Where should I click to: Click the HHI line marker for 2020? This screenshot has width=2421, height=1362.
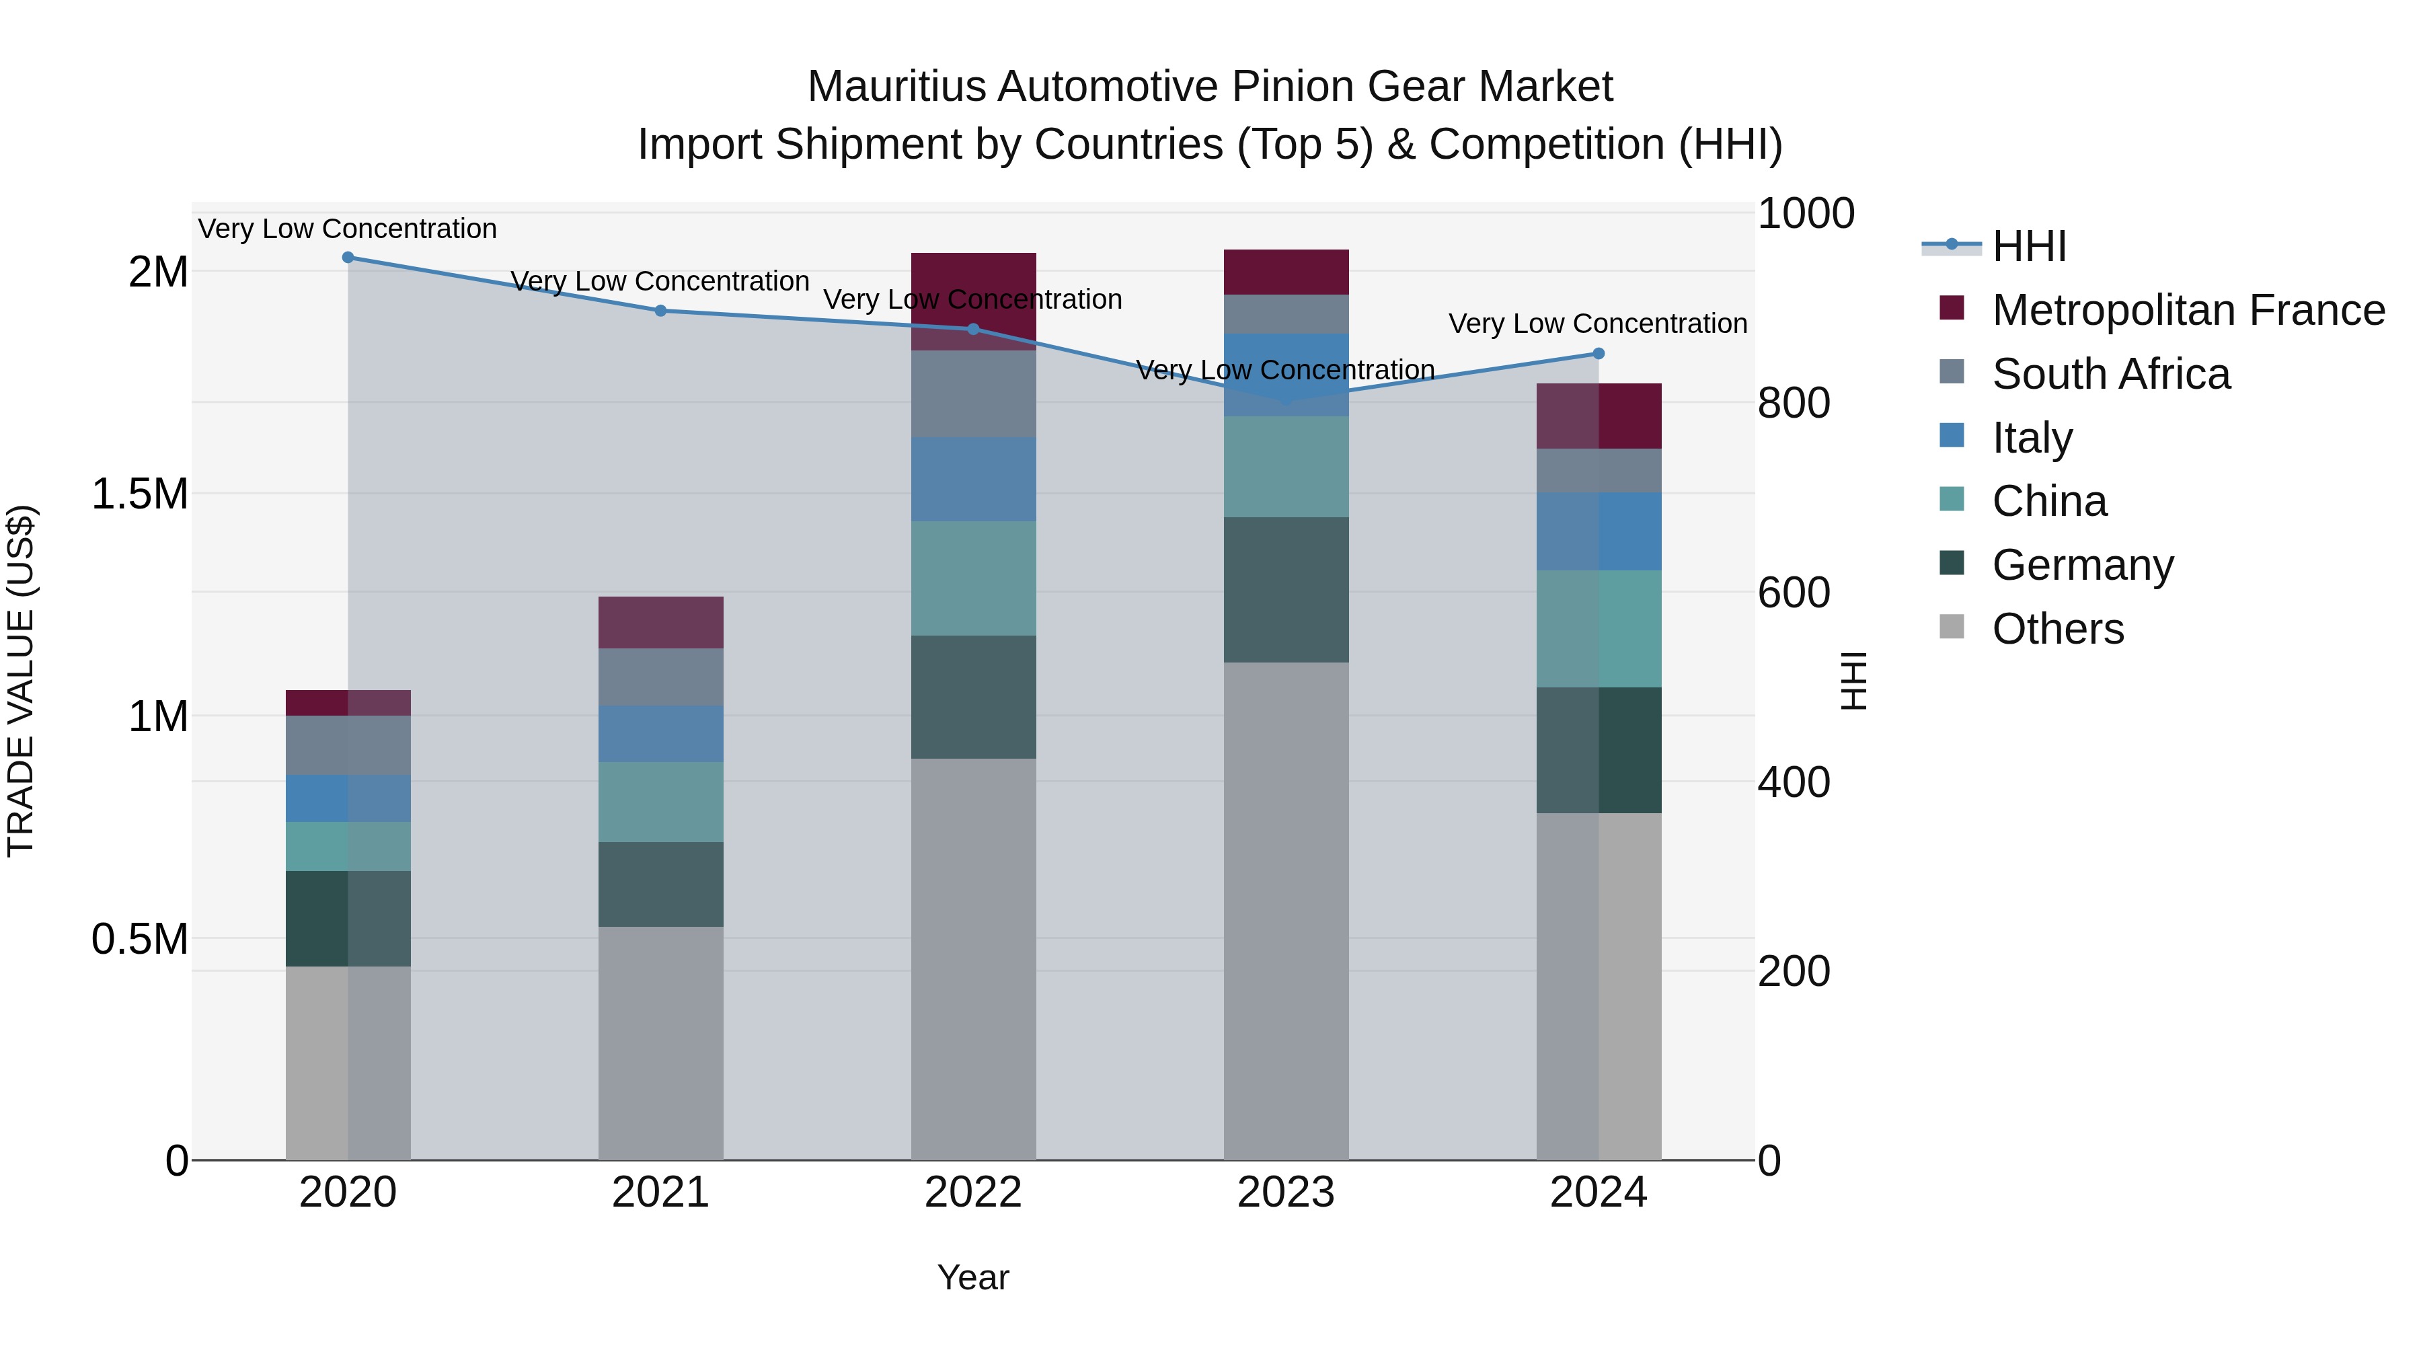point(348,258)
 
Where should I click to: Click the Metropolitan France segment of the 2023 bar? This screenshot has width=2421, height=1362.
point(1286,272)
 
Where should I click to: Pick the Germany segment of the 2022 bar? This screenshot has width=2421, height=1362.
point(974,697)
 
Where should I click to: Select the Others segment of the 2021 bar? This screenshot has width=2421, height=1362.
point(660,1043)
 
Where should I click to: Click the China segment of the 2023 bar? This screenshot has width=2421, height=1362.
point(1286,467)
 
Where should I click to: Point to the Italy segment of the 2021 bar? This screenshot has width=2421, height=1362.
point(660,734)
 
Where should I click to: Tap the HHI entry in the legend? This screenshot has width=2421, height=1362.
point(2028,246)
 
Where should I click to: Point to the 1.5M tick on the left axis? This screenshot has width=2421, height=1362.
point(140,494)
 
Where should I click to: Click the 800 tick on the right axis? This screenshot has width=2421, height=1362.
point(1793,404)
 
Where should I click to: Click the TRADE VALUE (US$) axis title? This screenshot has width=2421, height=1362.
point(21,681)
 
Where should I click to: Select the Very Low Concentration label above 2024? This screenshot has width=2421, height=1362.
point(1598,324)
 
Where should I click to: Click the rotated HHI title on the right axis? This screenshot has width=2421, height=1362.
point(1853,681)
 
